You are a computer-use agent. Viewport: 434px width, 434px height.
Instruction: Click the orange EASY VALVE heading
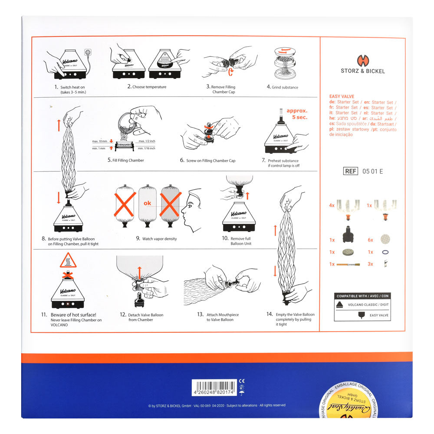[x=342, y=96]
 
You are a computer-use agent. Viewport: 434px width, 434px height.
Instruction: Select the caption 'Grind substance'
[x=282, y=87]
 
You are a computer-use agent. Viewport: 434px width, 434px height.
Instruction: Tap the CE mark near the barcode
[x=241, y=381]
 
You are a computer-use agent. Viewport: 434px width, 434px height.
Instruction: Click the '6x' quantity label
[x=370, y=240]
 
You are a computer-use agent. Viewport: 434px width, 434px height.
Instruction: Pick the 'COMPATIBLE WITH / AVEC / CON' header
[x=363, y=296]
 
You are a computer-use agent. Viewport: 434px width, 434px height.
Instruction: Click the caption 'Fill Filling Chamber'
[x=126, y=160]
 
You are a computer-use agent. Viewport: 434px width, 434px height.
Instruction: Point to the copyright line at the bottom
[x=217, y=405]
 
